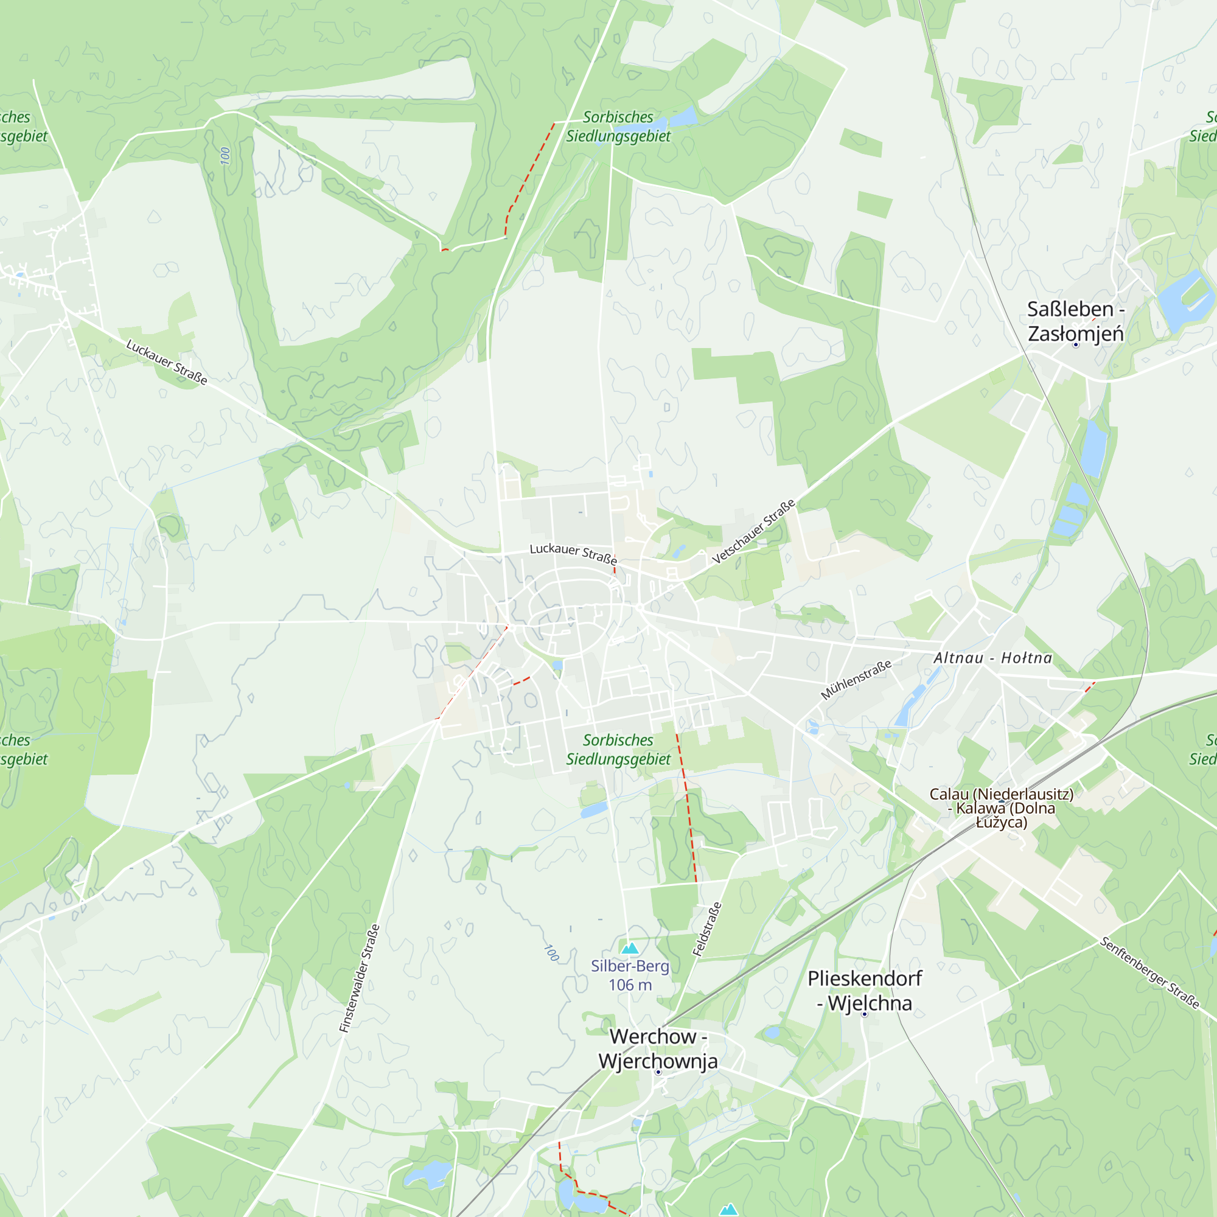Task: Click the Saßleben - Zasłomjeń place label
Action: (x=1075, y=321)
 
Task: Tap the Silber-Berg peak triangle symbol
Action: (x=630, y=948)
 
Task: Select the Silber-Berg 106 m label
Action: (x=630, y=975)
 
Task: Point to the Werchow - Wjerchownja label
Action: (x=658, y=1049)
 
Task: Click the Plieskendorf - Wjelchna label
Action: (x=864, y=991)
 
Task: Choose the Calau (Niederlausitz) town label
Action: (x=1002, y=807)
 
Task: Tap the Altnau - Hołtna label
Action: (x=992, y=658)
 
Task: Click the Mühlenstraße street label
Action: (x=856, y=680)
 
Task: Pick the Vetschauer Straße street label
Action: (x=754, y=532)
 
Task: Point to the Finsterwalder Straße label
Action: (x=360, y=978)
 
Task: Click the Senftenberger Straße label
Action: (x=1149, y=972)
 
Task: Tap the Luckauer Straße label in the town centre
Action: (x=573, y=553)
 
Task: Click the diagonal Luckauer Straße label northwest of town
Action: (x=167, y=362)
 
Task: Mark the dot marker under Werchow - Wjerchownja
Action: (x=658, y=1072)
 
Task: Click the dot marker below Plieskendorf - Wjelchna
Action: (x=864, y=1014)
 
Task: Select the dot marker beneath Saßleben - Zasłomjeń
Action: (x=1076, y=344)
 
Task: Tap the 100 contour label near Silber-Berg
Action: (x=552, y=952)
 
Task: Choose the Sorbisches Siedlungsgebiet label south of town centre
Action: (x=618, y=750)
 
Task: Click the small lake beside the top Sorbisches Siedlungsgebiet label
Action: (x=683, y=117)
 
